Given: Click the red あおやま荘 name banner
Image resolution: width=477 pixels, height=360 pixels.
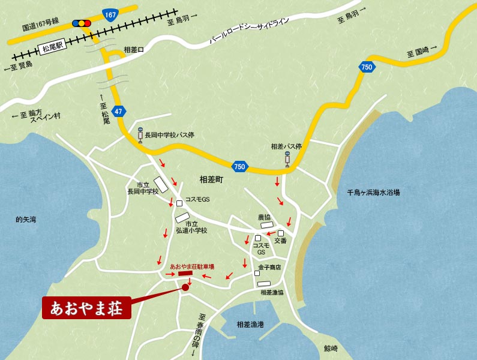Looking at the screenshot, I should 86,308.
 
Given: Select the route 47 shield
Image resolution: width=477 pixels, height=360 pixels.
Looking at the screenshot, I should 119,111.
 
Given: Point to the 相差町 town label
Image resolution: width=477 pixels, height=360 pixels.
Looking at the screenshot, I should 211,179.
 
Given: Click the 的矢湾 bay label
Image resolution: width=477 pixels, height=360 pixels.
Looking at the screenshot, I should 26,220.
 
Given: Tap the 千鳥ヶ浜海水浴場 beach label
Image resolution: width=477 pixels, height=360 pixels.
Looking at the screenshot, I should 373,193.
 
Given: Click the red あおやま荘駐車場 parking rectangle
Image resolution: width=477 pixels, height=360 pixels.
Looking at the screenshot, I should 185,274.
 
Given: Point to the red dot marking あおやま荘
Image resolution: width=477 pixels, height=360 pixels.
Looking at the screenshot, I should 185,287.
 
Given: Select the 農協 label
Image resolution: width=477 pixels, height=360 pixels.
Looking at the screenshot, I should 265,217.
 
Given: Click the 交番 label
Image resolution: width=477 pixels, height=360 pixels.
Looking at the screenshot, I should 280,241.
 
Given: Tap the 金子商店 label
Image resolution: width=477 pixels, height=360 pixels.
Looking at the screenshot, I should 270,267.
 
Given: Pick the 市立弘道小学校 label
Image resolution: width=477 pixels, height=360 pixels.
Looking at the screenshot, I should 191,227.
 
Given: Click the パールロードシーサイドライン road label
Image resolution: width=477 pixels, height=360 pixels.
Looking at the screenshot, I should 249,32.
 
